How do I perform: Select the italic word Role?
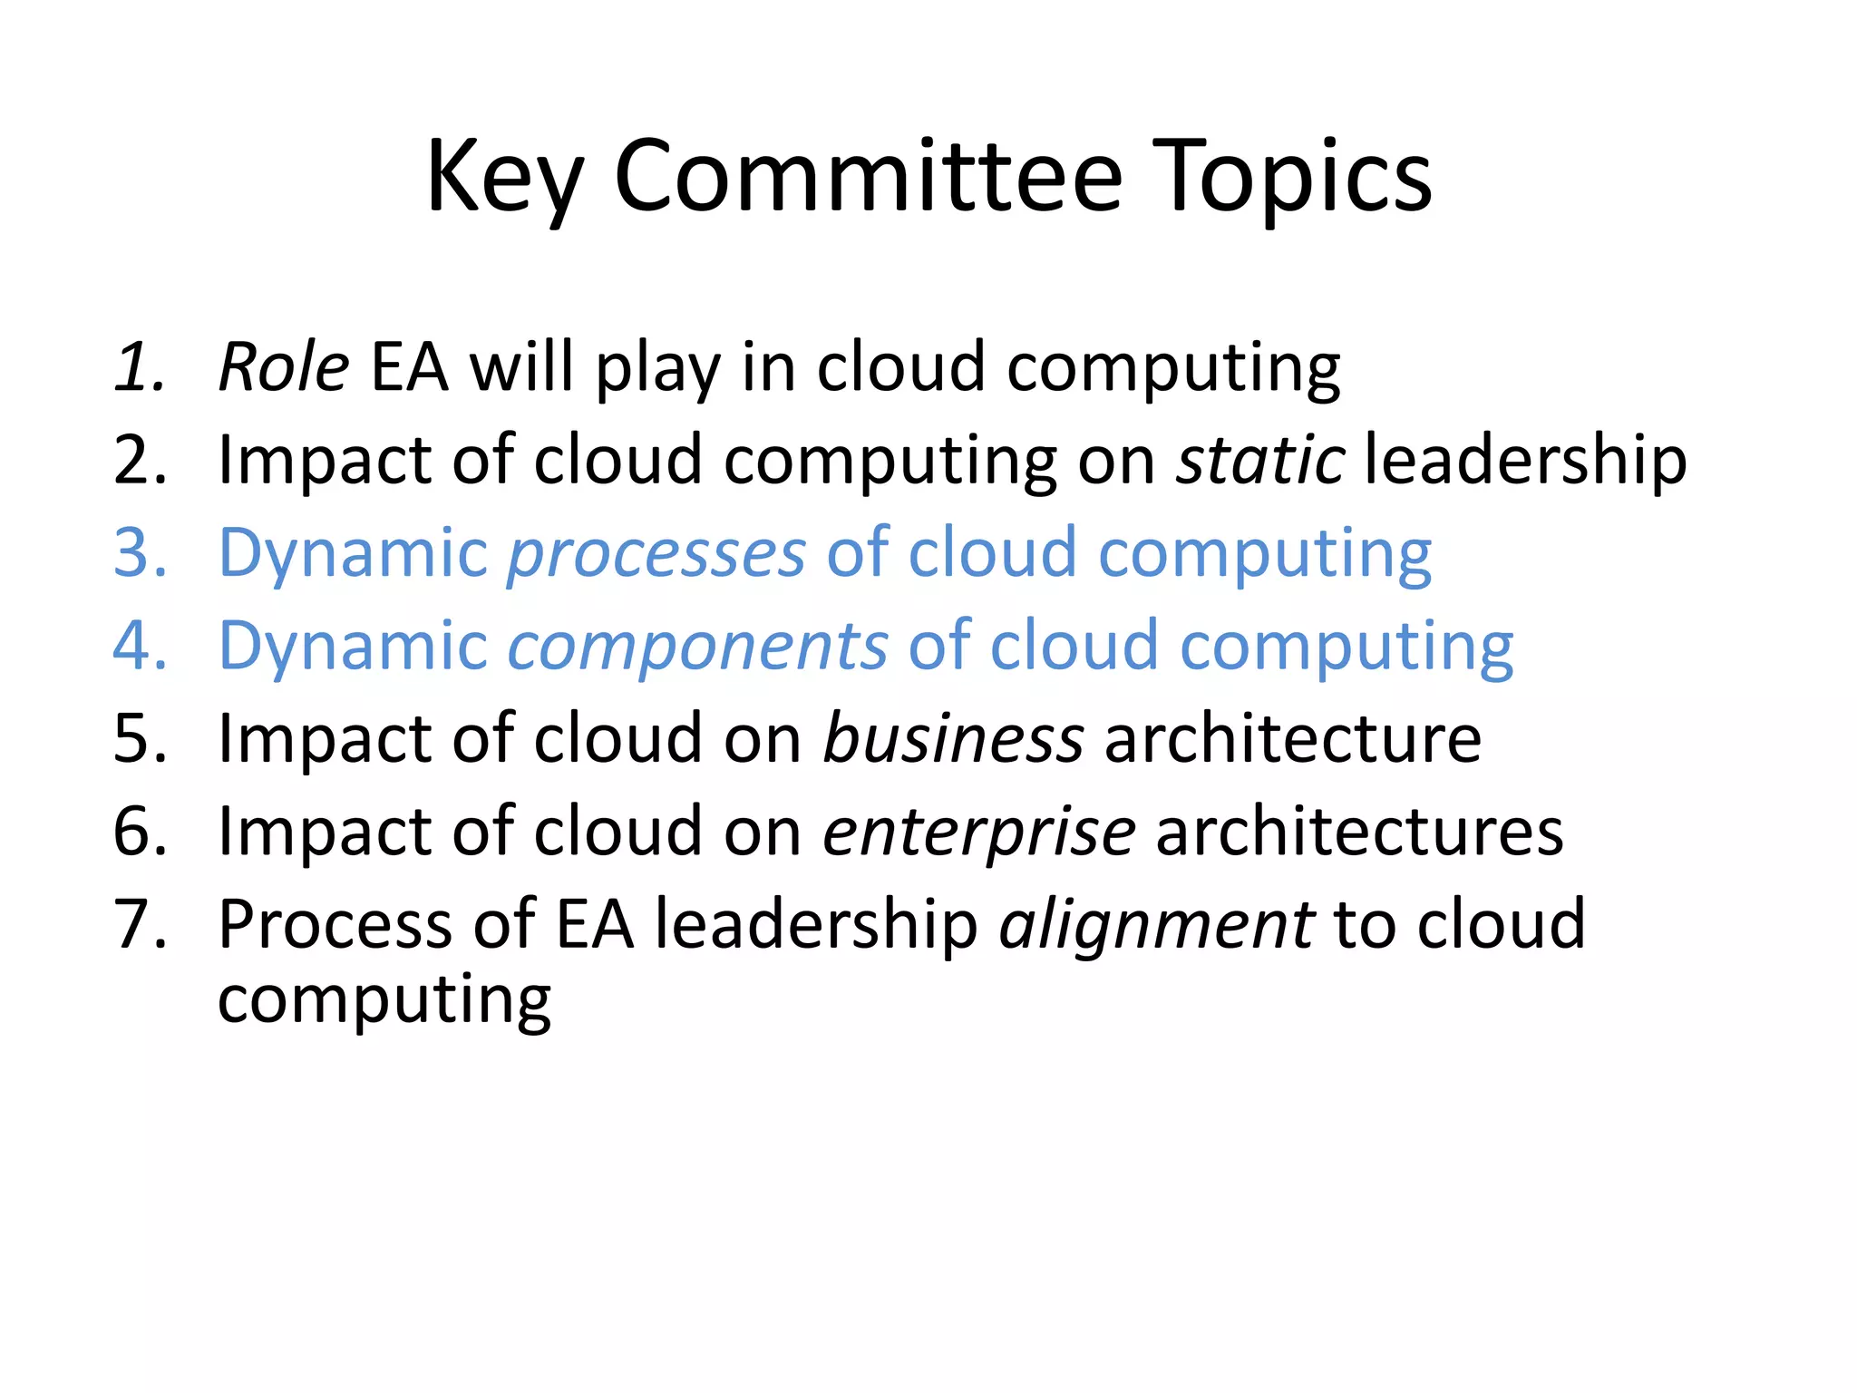click(x=283, y=367)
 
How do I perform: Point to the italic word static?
click(x=1260, y=460)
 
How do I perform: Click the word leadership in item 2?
click(x=1525, y=460)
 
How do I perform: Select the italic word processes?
click(x=656, y=554)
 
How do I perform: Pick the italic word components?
click(x=697, y=646)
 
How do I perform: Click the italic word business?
click(x=952, y=738)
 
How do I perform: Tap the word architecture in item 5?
click(x=1292, y=738)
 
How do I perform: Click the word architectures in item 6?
click(x=1359, y=832)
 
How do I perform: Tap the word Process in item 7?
click(x=334, y=924)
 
